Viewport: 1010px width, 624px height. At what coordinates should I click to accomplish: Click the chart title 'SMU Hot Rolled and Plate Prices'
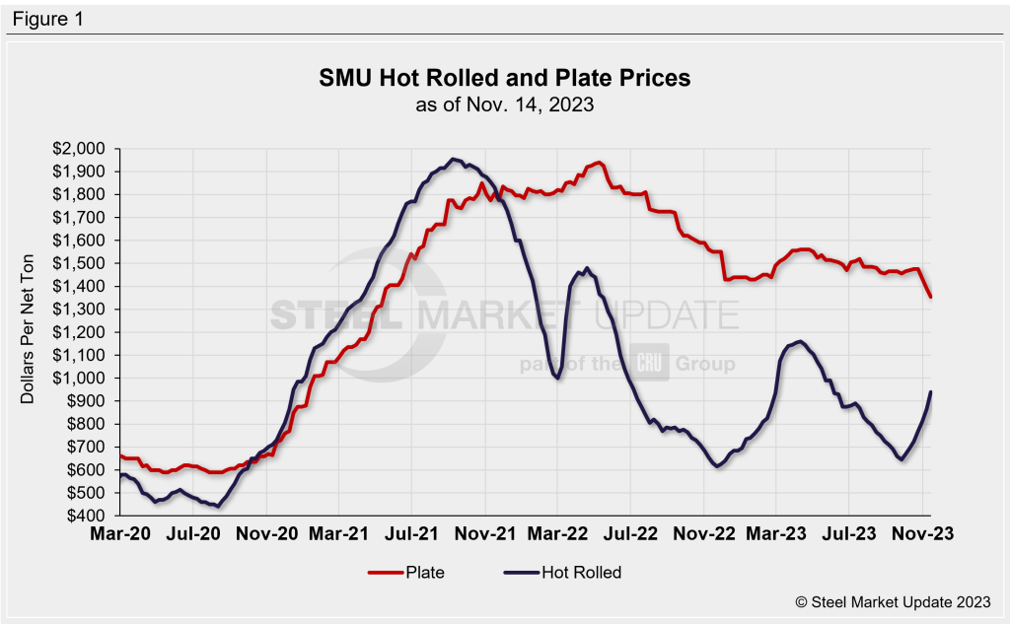(x=504, y=78)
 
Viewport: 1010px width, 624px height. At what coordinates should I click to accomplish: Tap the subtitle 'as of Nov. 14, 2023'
(x=504, y=104)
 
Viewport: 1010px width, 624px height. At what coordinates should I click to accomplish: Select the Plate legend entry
(x=410, y=572)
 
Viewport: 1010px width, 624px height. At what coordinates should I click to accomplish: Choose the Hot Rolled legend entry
(x=563, y=572)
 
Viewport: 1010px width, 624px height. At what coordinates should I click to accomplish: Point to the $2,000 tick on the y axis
(x=84, y=149)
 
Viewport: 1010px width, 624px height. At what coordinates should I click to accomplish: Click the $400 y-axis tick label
(x=89, y=516)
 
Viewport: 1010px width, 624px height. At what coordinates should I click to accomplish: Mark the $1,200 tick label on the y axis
(x=84, y=332)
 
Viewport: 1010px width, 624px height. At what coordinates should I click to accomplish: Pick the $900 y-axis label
(x=89, y=401)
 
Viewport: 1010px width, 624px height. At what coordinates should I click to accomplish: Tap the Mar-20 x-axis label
(x=119, y=533)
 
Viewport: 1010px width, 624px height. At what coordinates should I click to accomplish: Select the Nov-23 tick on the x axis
(x=922, y=533)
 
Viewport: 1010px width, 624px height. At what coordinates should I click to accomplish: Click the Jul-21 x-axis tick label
(x=411, y=533)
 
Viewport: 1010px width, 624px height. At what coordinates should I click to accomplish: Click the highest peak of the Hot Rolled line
(x=453, y=159)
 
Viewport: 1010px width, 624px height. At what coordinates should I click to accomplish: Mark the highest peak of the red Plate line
(x=600, y=163)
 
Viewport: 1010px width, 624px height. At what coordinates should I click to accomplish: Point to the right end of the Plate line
(x=930, y=296)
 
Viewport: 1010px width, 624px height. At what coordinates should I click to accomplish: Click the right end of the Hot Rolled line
(x=930, y=392)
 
